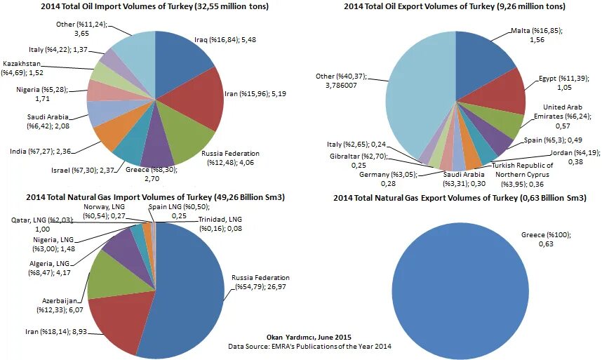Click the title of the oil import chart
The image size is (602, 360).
154,7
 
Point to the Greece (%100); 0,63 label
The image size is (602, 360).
545,239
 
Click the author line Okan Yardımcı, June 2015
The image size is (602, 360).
309,338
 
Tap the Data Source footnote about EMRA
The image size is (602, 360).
309,347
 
